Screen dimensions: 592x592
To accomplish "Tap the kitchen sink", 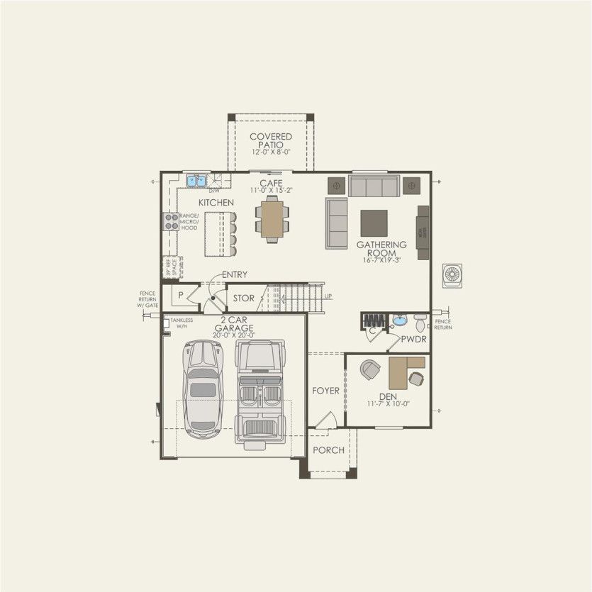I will coord(196,181).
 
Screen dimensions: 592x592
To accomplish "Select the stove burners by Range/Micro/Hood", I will coord(172,222).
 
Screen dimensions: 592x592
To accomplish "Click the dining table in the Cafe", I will coord(272,219).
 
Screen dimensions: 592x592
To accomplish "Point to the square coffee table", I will coord(374,223).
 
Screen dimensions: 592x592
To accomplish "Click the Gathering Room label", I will coord(381,248).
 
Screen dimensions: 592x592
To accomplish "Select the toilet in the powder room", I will coord(420,323).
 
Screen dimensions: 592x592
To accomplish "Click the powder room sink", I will coord(399,320).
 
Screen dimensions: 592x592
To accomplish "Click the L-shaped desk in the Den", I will coord(404,369).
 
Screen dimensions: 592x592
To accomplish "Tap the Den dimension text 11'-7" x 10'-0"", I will coord(388,403).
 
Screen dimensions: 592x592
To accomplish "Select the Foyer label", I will coord(326,391).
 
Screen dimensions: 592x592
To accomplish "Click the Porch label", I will coord(328,450).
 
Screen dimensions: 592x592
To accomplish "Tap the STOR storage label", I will coord(243,298).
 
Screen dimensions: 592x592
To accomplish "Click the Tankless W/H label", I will coord(181,323).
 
